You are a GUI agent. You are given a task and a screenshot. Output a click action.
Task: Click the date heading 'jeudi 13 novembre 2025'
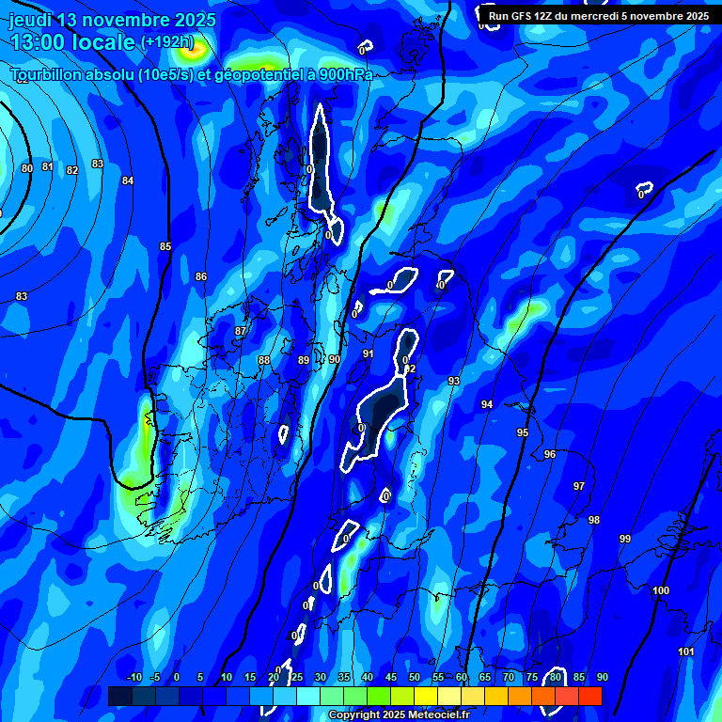tap(112, 20)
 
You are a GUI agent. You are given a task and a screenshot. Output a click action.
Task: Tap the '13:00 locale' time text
tap(73, 42)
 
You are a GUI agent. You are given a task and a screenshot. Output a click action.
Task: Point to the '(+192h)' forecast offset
tap(166, 42)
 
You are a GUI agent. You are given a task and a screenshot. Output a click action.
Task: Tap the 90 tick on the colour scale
tap(602, 677)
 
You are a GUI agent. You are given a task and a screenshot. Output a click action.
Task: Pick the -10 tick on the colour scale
tap(133, 677)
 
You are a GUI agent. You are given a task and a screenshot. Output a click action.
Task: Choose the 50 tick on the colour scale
tap(415, 677)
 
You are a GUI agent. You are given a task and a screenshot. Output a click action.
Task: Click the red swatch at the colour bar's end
tap(590, 696)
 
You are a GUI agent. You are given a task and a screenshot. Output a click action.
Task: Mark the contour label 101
tap(685, 651)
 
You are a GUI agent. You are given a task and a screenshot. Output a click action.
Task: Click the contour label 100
tap(661, 590)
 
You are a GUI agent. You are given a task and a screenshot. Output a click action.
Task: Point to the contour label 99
tap(625, 539)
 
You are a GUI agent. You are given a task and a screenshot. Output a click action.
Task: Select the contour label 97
tap(579, 486)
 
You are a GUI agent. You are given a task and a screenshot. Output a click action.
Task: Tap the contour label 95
tap(523, 432)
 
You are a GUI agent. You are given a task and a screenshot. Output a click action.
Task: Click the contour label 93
tap(454, 381)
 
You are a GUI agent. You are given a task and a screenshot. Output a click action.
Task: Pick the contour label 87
tap(241, 331)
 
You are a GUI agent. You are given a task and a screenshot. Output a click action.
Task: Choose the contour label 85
tap(165, 246)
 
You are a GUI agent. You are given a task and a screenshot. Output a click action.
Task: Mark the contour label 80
tap(26, 168)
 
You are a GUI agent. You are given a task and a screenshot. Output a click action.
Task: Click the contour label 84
tap(128, 180)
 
